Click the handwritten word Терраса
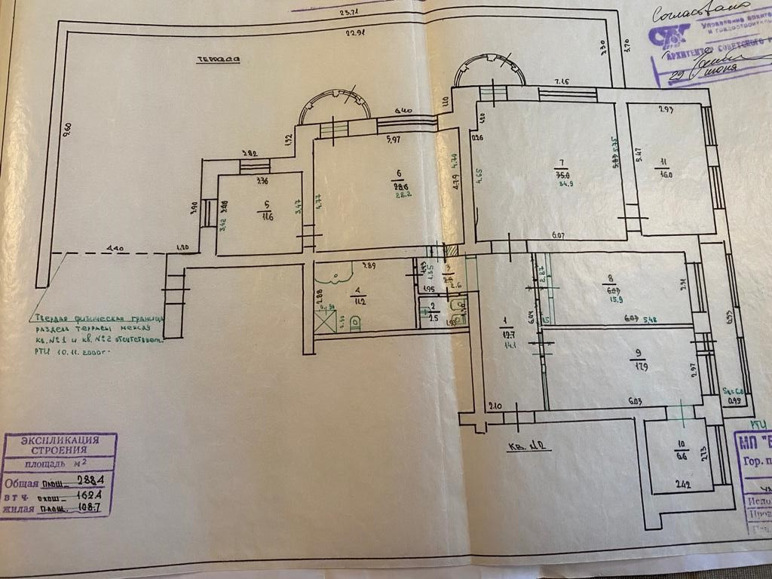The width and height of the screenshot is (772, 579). click(214, 60)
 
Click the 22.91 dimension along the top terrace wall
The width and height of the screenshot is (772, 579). click(355, 33)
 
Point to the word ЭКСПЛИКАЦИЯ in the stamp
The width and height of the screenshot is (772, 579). click(59, 440)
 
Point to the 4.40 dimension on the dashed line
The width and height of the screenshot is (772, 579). click(113, 247)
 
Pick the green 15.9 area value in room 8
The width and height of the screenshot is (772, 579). click(612, 299)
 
